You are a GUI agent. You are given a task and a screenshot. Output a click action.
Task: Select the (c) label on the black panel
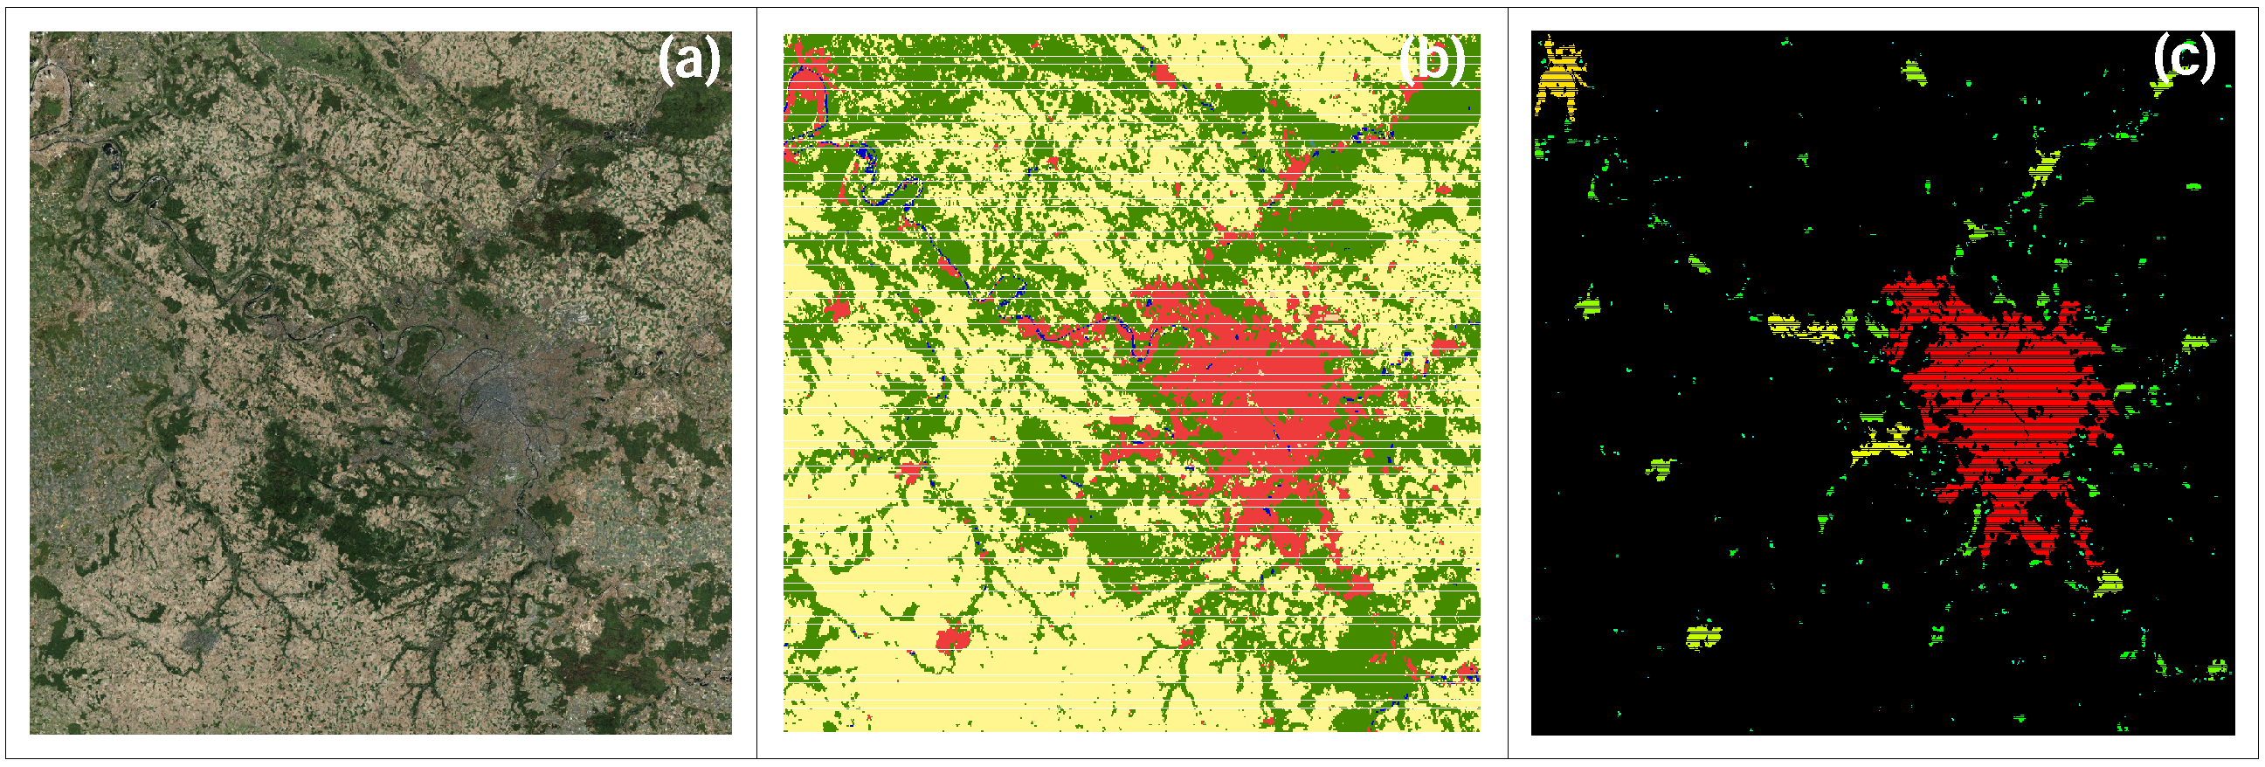coord(2183,58)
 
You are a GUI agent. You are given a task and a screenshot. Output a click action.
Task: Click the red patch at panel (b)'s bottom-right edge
coord(1467,673)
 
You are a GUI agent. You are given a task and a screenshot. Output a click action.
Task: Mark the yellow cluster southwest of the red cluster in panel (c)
coord(1882,445)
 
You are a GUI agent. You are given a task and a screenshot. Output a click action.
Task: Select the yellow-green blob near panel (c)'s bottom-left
coord(1703,635)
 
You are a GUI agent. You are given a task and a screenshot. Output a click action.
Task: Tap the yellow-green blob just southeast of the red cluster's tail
coord(2108,582)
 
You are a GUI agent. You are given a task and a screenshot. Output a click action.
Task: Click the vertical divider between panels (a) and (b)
coord(757,383)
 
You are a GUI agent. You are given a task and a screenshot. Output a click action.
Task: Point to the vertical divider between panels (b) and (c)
coord(1508,383)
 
